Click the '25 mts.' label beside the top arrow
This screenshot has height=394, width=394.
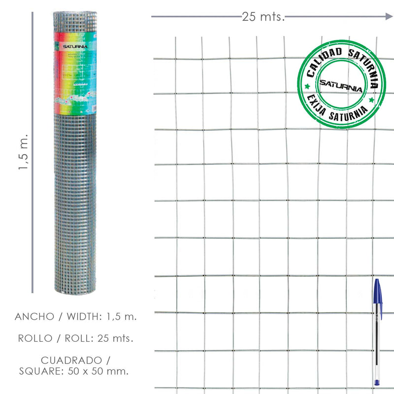(263, 17)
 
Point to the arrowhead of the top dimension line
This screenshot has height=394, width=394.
(389, 17)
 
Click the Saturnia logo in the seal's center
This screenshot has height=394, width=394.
(340, 85)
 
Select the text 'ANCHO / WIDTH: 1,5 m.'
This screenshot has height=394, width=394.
(76, 316)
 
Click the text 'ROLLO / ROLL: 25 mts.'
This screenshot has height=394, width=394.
(76, 338)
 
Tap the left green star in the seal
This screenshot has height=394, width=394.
(308, 86)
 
